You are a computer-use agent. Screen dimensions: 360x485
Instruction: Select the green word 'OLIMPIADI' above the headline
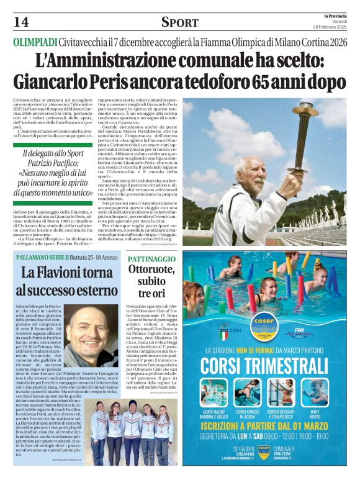[x=35, y=43]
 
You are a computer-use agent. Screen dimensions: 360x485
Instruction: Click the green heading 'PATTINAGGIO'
[x=151, y=258]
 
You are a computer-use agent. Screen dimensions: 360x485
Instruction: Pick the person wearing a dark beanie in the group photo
[x=131, y=407]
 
